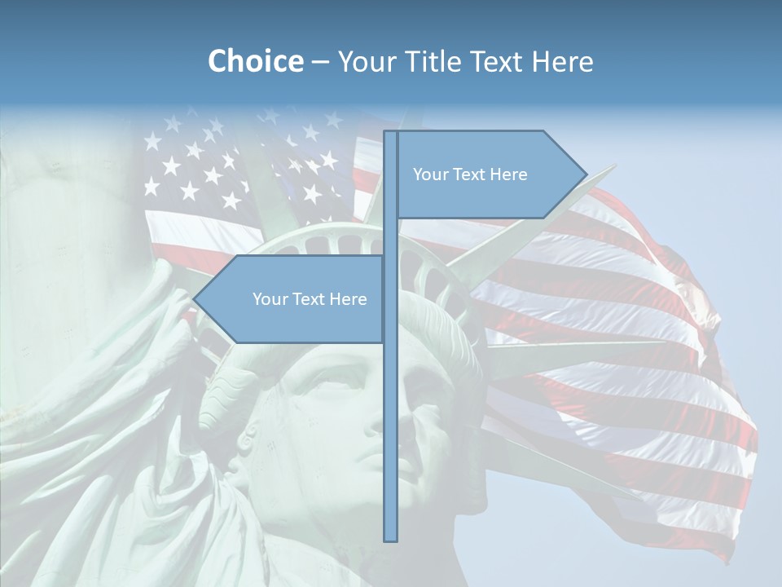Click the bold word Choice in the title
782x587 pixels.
255,61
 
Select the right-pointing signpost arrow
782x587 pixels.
489,174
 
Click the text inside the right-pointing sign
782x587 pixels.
470,174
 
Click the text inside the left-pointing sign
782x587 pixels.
310,299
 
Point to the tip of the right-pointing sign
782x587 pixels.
585,174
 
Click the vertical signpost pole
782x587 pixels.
390,391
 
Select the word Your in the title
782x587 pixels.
364,61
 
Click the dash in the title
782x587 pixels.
320,61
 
